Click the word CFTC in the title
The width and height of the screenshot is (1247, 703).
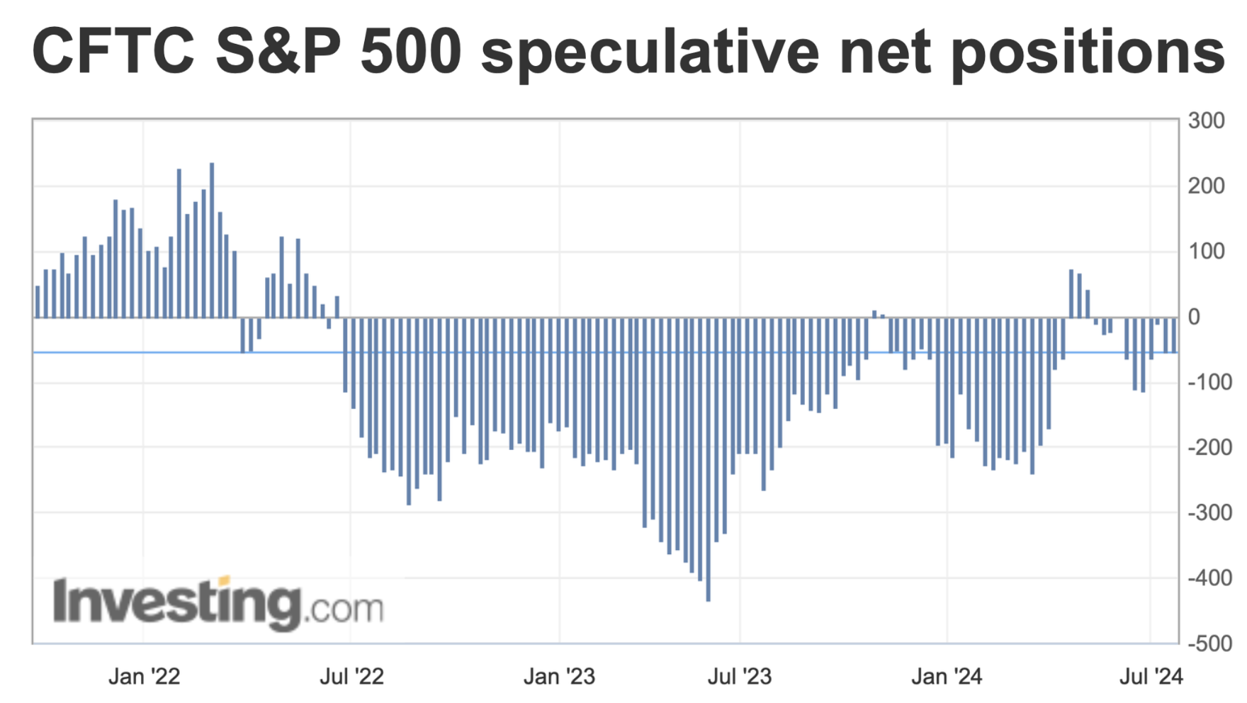click(113, 51)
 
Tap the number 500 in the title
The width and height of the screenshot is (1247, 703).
click(411, 51)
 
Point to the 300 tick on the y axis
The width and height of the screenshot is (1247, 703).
click(1206, 120)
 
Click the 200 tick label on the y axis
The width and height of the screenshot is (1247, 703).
click(1206, 186)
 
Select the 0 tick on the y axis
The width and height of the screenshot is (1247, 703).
click(1194, 317)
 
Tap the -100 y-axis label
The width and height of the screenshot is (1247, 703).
click(1209, 382)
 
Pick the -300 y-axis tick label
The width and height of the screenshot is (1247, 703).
click(1209, 512)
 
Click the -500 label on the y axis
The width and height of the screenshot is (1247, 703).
click(1209, 643)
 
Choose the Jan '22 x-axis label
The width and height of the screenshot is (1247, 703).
click(144, 676)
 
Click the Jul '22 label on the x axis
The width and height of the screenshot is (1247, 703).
click(351, 676)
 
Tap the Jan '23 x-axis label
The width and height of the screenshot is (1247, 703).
click(559, 676)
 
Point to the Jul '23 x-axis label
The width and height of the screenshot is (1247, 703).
click(739, 676)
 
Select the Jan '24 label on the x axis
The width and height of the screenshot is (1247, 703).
click(947, 676)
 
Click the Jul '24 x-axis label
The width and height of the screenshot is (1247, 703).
click(1151, 676)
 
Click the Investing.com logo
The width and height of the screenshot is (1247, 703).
click(218, 604)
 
